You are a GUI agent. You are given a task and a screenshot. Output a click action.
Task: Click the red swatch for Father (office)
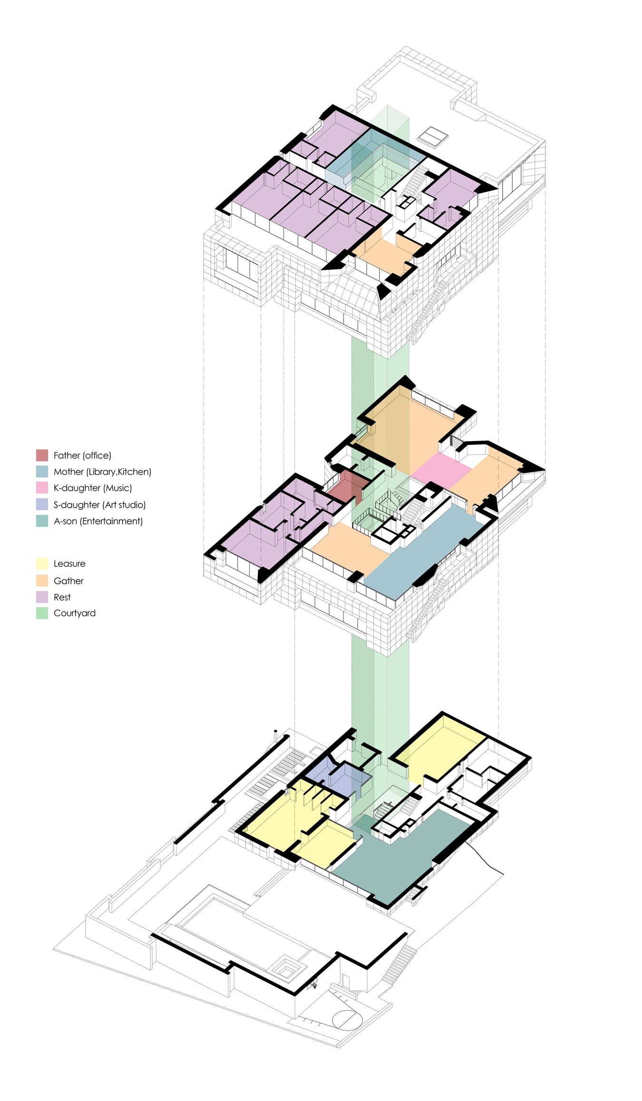click(42, 455)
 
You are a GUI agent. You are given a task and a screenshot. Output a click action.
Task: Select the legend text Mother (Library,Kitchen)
click(102, 472)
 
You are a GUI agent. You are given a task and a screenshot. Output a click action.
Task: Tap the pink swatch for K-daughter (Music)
click(42, 488)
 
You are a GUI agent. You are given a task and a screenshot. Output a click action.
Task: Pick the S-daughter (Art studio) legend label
click(99, 504)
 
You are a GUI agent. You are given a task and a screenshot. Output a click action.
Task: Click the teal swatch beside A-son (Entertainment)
click(42, 521)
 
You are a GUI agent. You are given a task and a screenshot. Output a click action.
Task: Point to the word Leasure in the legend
click(69, 563)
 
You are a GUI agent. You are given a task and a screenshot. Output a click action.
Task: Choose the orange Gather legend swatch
click(42, 580)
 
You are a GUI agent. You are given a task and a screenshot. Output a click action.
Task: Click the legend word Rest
click(62, 597)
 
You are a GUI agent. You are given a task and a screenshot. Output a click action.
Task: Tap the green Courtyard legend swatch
click(42, 613)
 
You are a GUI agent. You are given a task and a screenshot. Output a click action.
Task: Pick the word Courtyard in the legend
click(75, 613)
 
